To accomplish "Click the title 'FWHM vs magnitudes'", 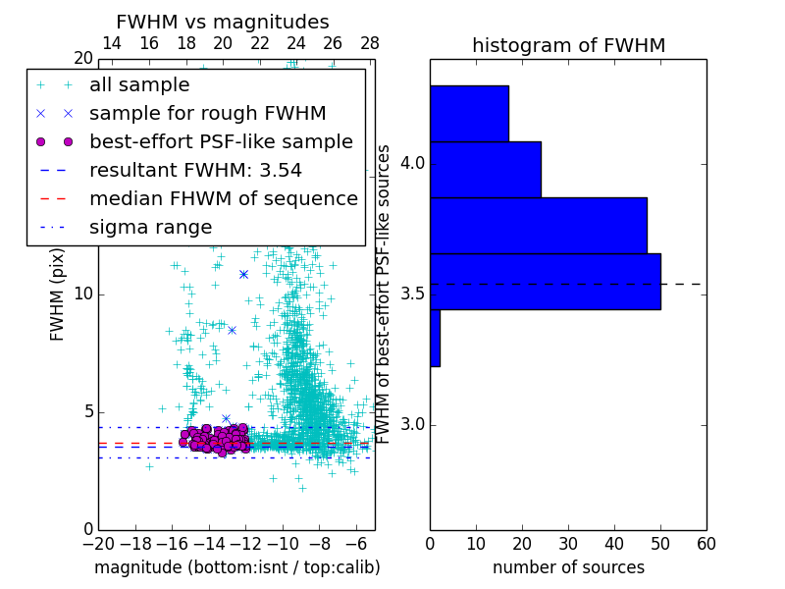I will [223, 22].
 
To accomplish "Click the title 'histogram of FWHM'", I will [568, 45].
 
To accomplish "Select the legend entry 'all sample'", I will [139, 85].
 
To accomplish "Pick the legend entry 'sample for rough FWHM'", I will [208, 113].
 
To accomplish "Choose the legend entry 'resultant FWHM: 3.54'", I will [195, 170].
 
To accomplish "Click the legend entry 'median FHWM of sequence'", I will [224, 198].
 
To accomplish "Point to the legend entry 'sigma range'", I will [150, 227].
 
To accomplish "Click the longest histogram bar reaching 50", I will [545, 282].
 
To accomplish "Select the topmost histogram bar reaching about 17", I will [469, 113].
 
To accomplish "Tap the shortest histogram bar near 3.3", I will [435, 338].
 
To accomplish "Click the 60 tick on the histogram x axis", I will [706, 543].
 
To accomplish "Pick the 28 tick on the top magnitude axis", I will [370, 43].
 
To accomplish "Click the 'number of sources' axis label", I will [568, 567].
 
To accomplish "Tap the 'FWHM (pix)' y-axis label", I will [58, 294].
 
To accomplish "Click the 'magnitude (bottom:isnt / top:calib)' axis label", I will [236, 567].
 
